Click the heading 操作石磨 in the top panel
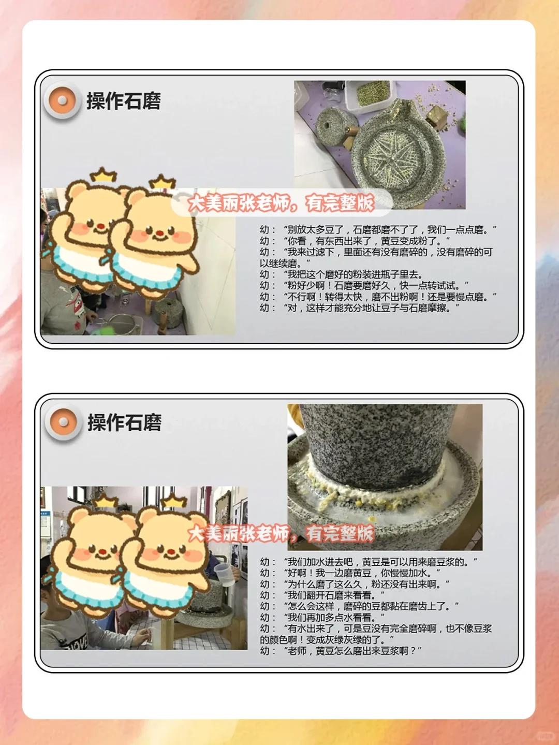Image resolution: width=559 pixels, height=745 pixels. click(x=124, y=101)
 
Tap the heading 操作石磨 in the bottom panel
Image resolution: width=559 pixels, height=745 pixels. click(x=124, y=422)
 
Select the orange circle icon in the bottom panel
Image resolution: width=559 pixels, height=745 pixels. click(x=63, y=422)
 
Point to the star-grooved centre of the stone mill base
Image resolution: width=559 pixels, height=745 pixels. click(x=389, y=151)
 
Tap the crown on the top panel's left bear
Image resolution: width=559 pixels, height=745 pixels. click(x=103, y=175)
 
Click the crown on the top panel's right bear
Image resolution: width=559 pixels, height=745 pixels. click(x=162, y=182)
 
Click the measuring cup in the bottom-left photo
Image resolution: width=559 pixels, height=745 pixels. click(x=223, y=574)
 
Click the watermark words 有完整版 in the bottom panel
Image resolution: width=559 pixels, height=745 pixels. click(x=340, y=533)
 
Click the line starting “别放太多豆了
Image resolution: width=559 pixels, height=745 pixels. click(x=378, y=229)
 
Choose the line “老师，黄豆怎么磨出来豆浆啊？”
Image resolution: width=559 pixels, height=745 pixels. click(x=341, y=651)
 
